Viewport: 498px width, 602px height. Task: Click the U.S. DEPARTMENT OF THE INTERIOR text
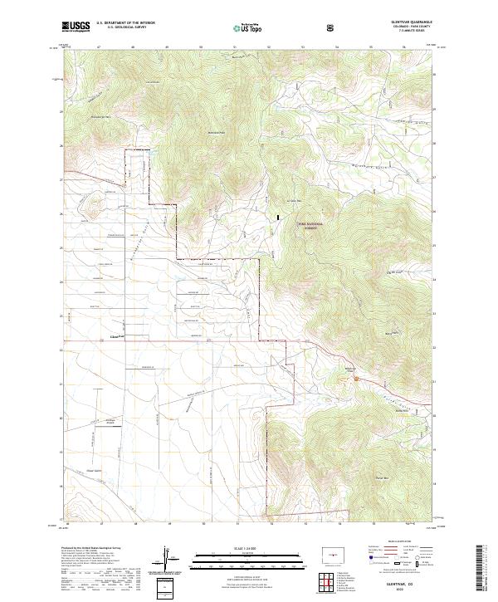pyautogui.click(x=125, y=22)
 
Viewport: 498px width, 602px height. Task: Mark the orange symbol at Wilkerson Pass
pyautogui.click(x=355, y=379)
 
